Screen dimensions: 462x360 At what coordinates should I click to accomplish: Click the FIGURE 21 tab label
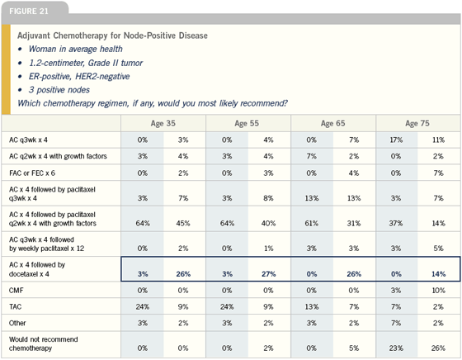29,12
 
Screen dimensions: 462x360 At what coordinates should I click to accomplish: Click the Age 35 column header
163,123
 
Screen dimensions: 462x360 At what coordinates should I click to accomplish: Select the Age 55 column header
247,123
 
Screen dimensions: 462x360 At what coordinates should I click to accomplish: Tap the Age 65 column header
332,123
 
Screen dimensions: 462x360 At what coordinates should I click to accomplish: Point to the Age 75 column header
417,123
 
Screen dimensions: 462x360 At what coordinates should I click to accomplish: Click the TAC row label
16,307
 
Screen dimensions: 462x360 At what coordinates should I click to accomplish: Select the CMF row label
16,291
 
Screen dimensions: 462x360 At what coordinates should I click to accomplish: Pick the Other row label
17,323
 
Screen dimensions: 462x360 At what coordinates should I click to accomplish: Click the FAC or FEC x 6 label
32,173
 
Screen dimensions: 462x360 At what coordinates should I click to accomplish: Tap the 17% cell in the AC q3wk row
396,140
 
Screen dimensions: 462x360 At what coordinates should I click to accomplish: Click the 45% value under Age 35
183,224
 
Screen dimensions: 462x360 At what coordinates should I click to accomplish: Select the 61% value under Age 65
312,224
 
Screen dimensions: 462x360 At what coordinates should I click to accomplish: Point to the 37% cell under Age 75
396,224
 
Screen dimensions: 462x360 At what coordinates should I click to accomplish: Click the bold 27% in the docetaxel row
268,274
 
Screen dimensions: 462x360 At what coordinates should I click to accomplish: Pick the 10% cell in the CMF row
438,291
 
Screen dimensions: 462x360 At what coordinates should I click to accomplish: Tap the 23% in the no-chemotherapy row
396,348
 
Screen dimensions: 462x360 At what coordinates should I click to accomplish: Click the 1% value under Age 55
268,249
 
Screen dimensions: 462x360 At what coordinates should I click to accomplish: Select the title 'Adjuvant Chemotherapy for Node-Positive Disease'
112,36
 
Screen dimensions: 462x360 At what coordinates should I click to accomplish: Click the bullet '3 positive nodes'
59,90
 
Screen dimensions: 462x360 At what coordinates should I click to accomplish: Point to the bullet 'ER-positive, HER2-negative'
79,76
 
